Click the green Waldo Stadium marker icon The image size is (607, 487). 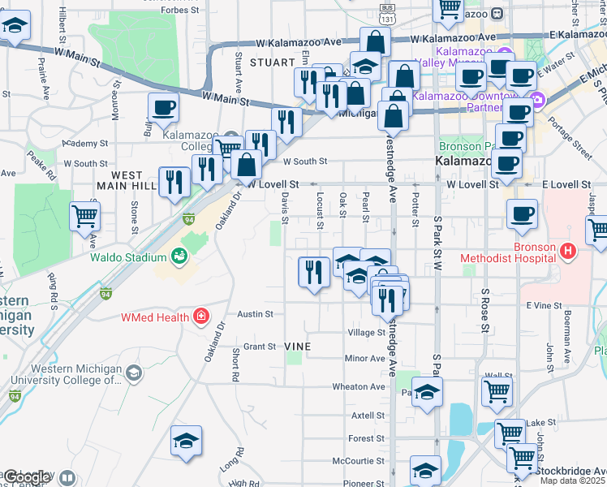pos(180,257)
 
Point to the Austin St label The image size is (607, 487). pos(254,313)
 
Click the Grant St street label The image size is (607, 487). pos(260,347)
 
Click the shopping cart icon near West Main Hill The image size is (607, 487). pos(85,217)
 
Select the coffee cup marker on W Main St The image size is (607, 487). pos(163,107)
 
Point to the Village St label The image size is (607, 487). pos(366,333)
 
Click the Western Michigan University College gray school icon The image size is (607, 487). pos(134,373)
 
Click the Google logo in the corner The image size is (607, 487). pos(28,477)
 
